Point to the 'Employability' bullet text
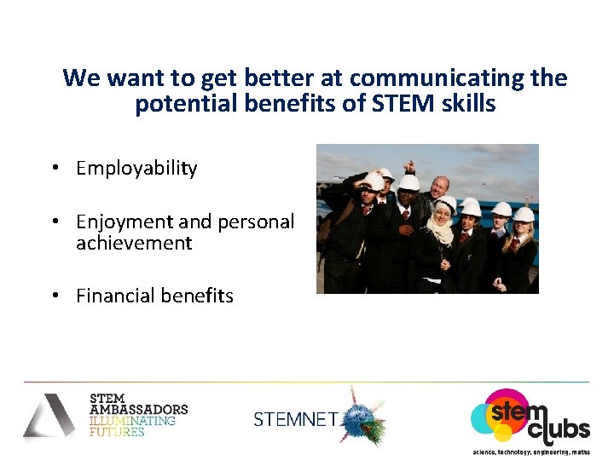coord(136,169)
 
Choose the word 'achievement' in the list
coord(134,244)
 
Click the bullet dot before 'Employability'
coord(54,169)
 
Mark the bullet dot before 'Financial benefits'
coord(54,296)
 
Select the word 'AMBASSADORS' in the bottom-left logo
coord(138,410)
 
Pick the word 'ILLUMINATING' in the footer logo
coord(132,421)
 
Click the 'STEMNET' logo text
coord(296,419)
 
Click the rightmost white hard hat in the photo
coord(524,214)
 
